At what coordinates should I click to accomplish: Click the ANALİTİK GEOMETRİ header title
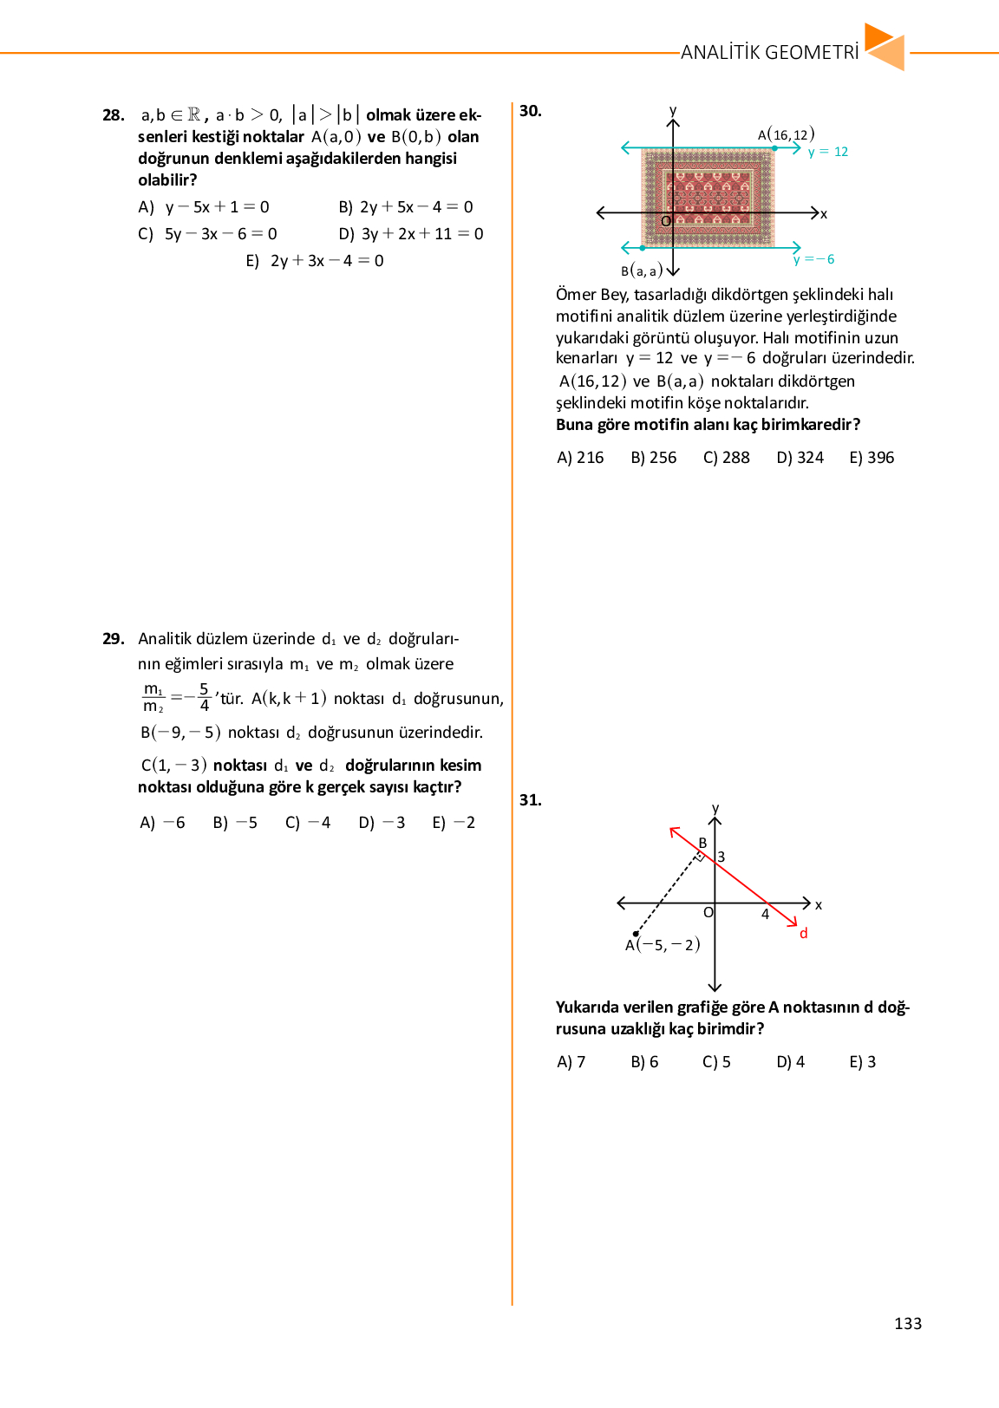pyautogui.click(x=769, y=52)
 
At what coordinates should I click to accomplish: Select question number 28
pyautogui.click(x=113, y=115)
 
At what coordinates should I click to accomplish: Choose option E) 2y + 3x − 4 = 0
pyautogui.click(x=315, y=261)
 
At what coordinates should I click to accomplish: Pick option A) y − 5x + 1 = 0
pyautogui.click(x=205, y=207)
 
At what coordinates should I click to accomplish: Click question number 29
pyautogui.click(x=113, y=639)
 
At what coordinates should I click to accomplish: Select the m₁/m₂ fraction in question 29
pyautogui.click(x=153, y=698)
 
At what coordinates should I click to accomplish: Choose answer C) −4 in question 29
pyautogui.click(x=308, y=823)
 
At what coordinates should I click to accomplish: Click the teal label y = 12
pyautogui.click(x=827, y=152)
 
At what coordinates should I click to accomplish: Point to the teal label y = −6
pyautogui.click(x=813, y=259)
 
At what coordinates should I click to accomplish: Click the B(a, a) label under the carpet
pyautogui.click(x=642, y=271)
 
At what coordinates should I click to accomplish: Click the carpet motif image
pyautogui.click(x=708, y=198)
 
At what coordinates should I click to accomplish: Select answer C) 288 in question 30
pyautogui.click(x=726, y=458)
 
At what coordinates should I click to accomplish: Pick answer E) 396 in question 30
pyautogui.click(x=872, y=458)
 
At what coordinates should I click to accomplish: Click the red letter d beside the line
pyautogui.click(x=804, y=934)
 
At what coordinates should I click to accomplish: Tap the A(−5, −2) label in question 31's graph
pyautogui.click(x=663, y=945)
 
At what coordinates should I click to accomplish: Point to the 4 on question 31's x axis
pyautogui.click(x=766, y=915)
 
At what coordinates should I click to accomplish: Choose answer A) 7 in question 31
pyautogui.click(x=571, y=1062)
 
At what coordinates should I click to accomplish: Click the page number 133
pyautogui.click(x=908, y=1324)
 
